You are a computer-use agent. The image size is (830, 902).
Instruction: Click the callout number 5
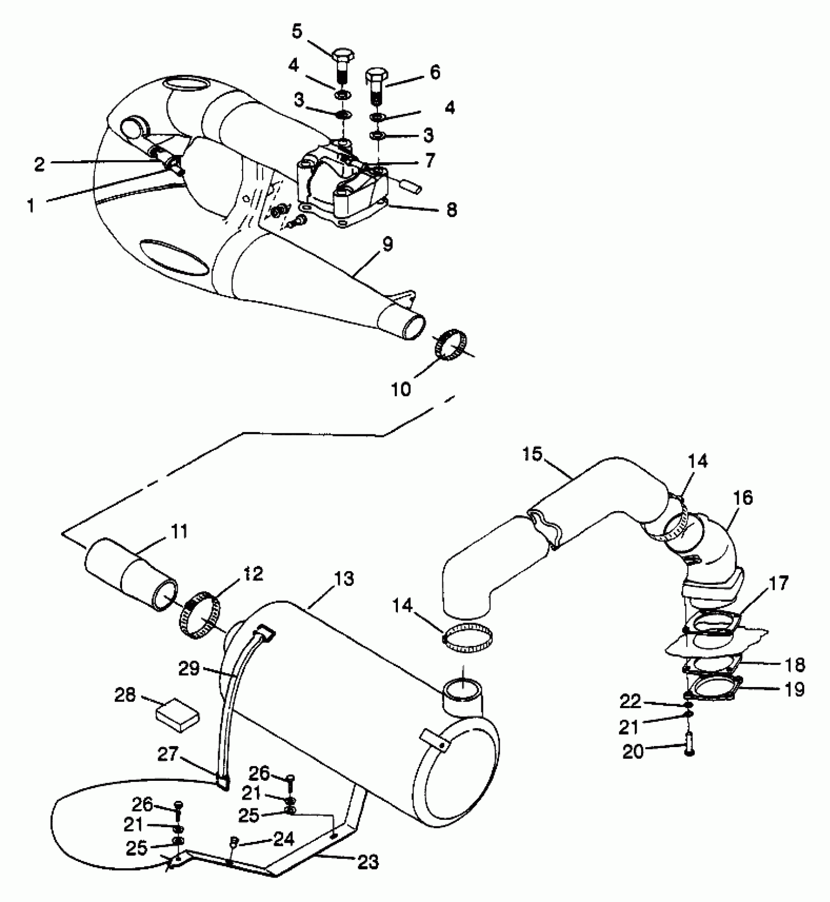click(297, 31)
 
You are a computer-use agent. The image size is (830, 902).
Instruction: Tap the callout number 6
click(435, 72)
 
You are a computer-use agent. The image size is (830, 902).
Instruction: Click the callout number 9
click(387, 244)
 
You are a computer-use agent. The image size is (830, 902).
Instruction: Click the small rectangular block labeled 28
click(177, 716)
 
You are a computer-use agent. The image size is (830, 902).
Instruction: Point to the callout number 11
click(179, 531)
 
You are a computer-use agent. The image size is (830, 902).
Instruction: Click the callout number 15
click(532, 454)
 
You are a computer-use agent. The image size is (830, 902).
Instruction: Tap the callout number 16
click(742, 498)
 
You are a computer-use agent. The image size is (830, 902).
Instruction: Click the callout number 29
click(189, 668)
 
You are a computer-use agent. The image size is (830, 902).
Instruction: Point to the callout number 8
click(451, 210)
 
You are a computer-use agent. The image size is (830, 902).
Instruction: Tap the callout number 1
click(31, 206)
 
